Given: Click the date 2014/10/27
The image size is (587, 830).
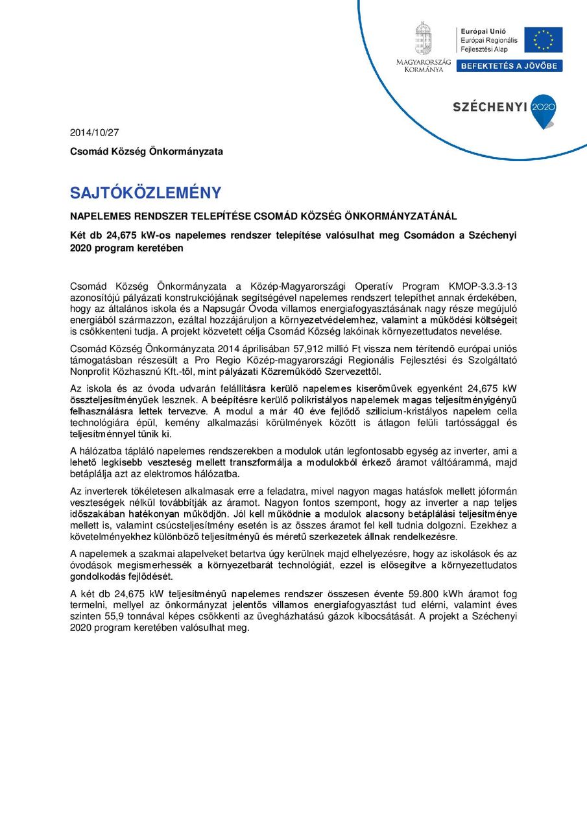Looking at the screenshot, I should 95,133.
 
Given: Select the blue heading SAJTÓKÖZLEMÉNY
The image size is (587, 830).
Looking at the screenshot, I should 145,193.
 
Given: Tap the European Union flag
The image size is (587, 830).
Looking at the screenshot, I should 543,40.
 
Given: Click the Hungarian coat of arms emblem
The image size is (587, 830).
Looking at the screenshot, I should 424,38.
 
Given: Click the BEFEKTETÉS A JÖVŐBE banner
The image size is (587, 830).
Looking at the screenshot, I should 509,66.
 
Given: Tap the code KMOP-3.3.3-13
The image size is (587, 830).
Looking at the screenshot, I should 483,286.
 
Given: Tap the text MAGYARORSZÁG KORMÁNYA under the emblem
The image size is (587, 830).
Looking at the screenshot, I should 424,65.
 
